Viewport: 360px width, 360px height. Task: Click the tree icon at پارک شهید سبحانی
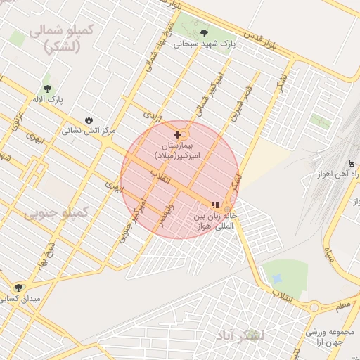point(204,32)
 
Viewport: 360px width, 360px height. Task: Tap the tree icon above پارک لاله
point(47,89)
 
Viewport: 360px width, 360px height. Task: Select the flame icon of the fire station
point(89,119)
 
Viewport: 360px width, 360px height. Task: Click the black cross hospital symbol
point(177,134)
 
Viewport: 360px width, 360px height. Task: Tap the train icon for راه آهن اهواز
point(351,161)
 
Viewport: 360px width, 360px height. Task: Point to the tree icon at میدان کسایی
point(18,287)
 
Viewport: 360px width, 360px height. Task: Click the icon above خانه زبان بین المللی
point(216,204)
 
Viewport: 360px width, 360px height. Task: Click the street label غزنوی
point(17,120)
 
